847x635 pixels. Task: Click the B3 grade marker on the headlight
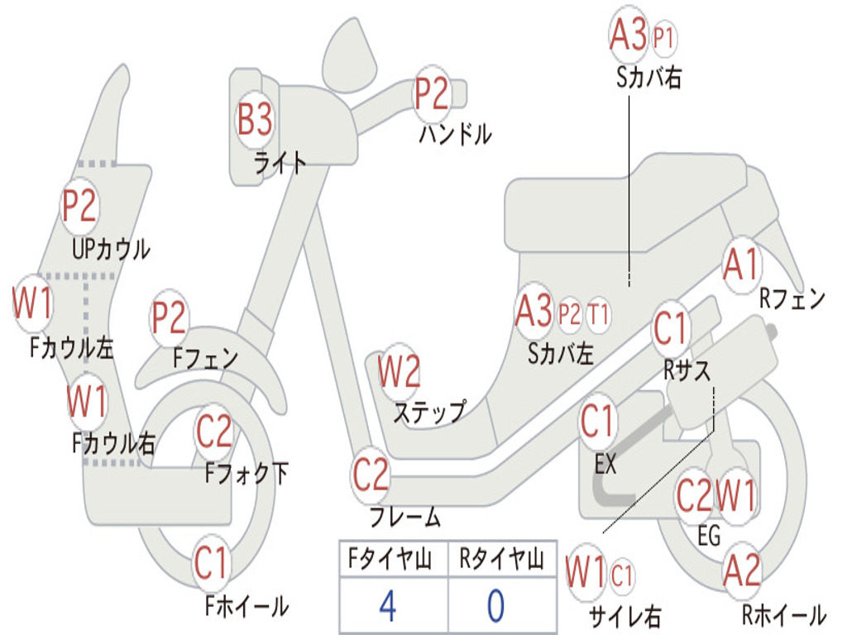pos(255,119)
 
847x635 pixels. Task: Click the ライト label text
pos(280,163)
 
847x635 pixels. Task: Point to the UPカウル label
pos(112,250)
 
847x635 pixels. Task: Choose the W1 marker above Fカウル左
pos(32,303)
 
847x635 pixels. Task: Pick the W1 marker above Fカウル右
pos(86,401)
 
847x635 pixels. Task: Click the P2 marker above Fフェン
pos(169,317)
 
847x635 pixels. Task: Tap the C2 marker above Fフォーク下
pos(214,432)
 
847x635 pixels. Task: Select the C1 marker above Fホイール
pos(211,562)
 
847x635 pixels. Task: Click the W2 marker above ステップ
pos(399,372)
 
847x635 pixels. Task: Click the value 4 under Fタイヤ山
pos(388,606)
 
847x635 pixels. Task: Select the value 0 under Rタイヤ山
pos(496,606)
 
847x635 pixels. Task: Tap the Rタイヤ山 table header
pos(501,559)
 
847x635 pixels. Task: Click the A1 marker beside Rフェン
pos(741,265)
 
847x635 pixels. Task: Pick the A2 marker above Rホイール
pos(741,571)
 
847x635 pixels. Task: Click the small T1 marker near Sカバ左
pos(598,314)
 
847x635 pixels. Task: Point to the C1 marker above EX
pos(597,422)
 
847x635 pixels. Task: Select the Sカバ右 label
pos(648,78)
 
